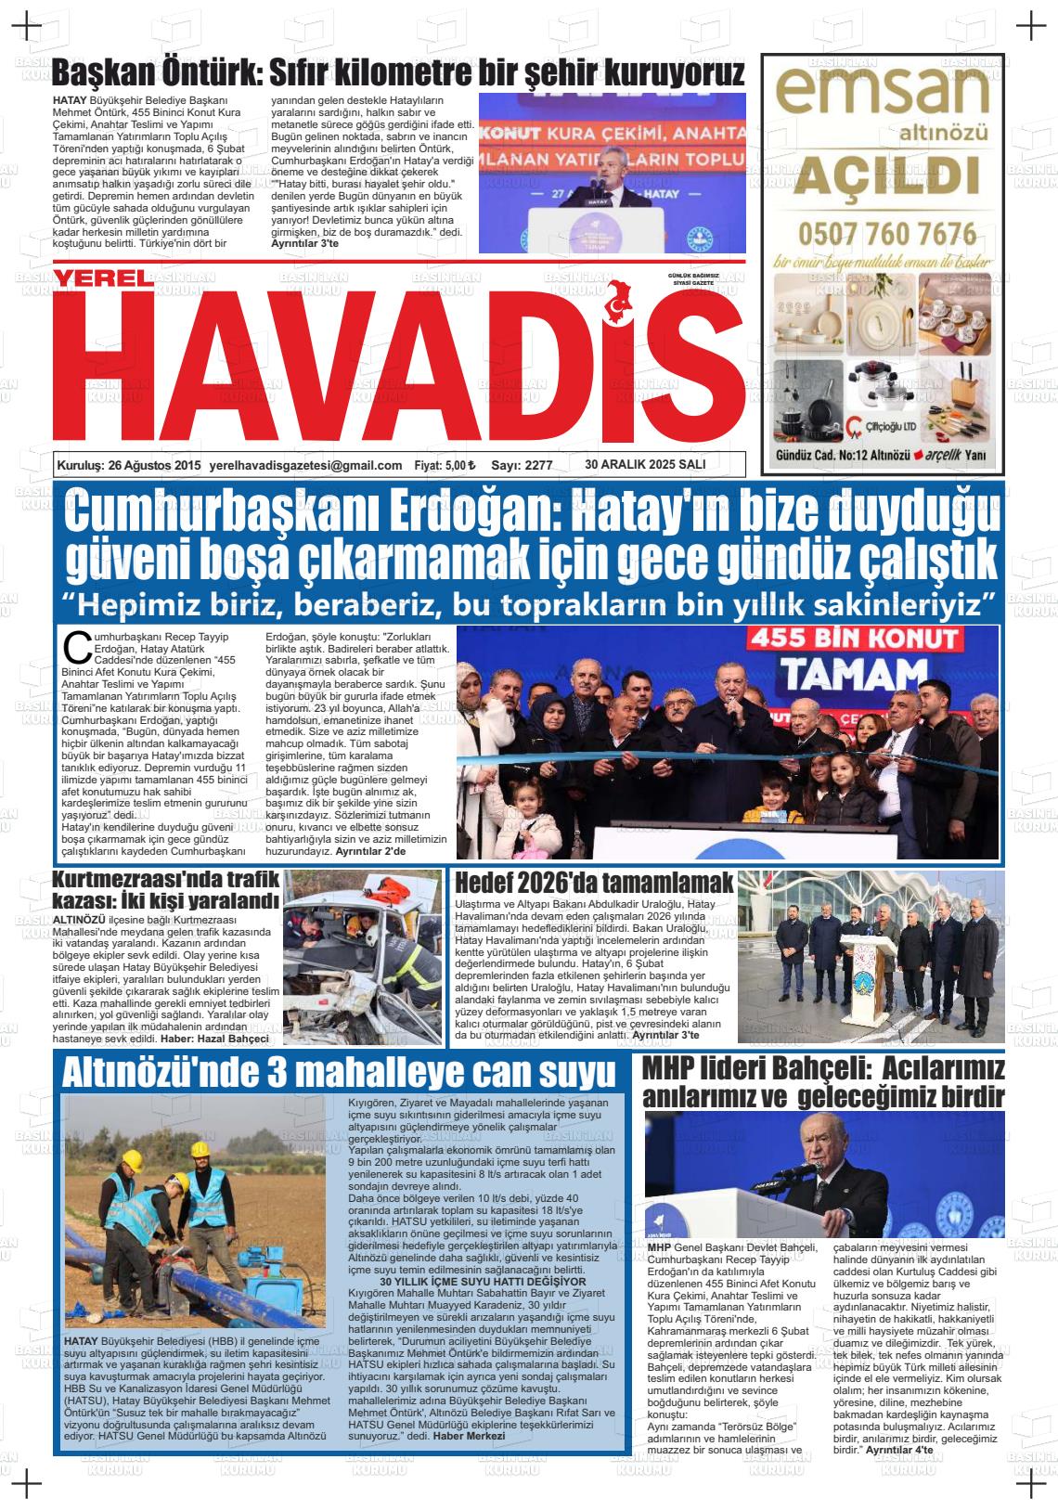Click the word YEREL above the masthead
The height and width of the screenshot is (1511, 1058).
(x=99, y=278)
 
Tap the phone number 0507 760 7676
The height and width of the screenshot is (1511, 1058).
(x=887, y=232)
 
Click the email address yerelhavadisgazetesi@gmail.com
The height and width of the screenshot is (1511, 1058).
(x=306, y=465)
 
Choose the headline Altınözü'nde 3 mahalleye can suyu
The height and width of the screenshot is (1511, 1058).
(x=339, y=1072)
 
